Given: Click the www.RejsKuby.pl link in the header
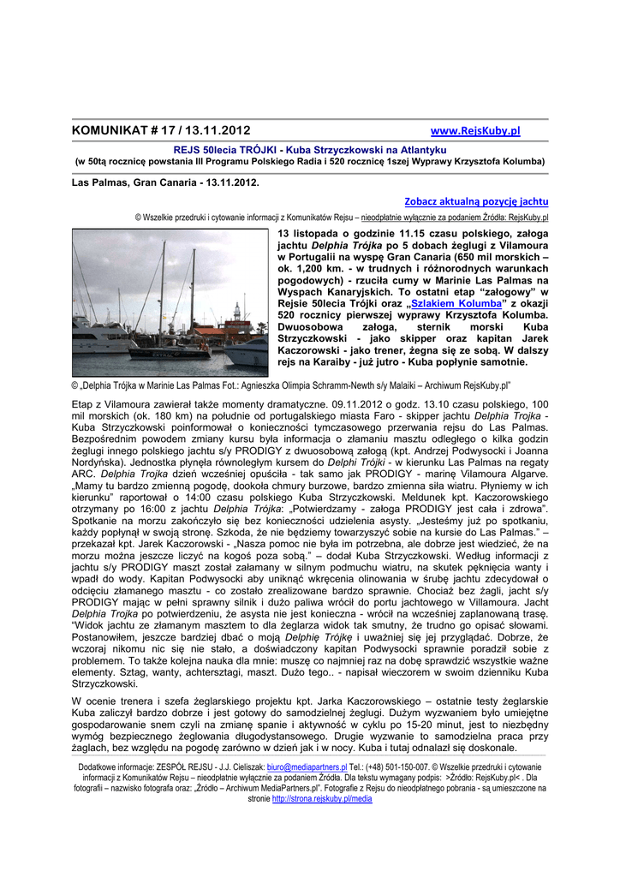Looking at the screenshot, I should (474, 131).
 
